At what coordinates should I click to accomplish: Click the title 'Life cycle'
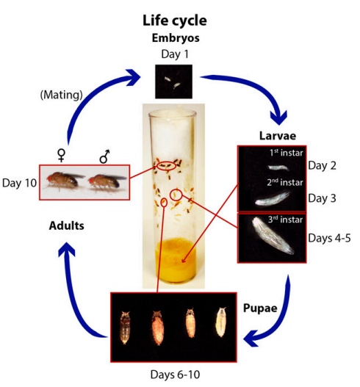[x=175, y=21]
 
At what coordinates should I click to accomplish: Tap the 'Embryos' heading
[x=176, y=38]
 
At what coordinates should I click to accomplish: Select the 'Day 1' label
[x=175, y=54]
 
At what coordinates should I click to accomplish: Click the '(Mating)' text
[x=61, y=95]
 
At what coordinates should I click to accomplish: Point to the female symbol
[x=61, y=155]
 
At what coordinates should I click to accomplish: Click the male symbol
[x=104, y=156]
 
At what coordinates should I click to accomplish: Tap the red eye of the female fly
[x=50, y=177]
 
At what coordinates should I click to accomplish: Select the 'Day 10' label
[x=20, y=183]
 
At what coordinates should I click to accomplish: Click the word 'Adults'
[x=67, y=226]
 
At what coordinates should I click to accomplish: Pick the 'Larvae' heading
[x=278, y=136]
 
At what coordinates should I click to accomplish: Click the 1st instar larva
[x=278, y=168]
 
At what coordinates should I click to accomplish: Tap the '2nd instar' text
[x=285, y=182]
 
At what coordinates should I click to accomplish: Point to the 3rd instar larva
[x=272, y=235]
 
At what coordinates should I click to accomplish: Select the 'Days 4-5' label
[x=329, y=238]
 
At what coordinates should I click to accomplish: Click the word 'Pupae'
[x=260, y=308]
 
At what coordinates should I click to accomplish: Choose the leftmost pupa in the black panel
[x=125, y=328]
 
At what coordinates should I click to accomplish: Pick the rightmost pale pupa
[x=221, y=322]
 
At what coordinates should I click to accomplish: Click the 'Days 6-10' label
[x=175, y=375]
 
